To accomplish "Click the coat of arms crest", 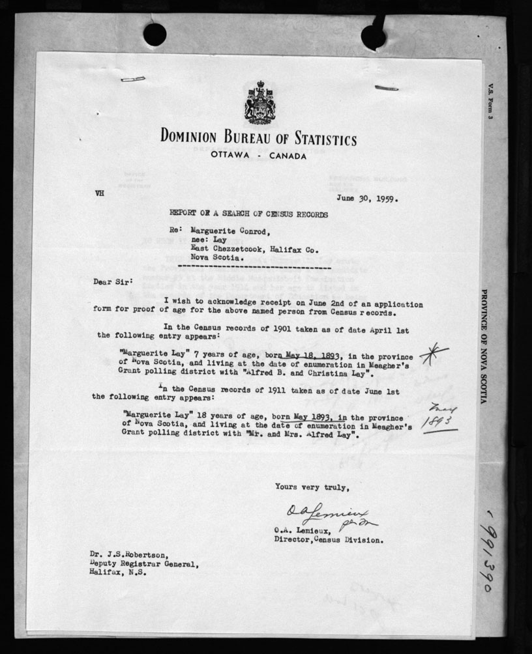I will coord(259,103).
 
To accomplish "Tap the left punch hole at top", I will coord(155,35).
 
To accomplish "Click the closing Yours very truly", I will coord(312,486).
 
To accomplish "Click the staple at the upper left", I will coord(133,79).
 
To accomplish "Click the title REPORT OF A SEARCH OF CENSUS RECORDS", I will coord(248,214).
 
